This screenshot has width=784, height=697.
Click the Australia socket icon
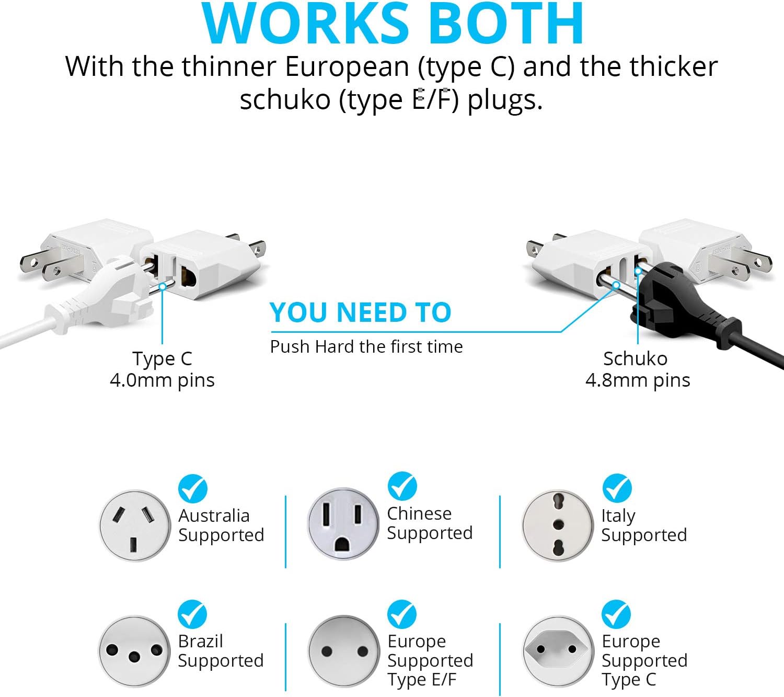click(x=135, y=525)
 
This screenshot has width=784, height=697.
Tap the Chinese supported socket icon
click(x=342, y=523)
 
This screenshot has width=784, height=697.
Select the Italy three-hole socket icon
click(x=558, y=525)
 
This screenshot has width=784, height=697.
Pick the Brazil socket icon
click(x=134, y=651)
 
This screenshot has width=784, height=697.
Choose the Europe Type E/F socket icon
click(x=343, y=651)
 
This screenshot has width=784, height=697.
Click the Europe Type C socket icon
click(x=558, y=650)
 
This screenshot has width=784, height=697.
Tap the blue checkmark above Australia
click(x=193, y=489)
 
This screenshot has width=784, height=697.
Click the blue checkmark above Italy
click(x=617, y=488)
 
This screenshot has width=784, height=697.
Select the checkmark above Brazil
click(x=192, y=614)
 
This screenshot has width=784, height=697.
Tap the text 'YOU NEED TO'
click(x=360, y=313)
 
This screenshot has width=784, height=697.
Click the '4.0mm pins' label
click(x=162, y=380)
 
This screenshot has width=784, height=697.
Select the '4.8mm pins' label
click(x=638, y=380)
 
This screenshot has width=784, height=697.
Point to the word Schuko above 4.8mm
click(x=635, y=358)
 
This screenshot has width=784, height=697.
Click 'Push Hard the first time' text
click(x=366, y=346)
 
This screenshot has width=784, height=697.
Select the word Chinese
click(x=419, y=513)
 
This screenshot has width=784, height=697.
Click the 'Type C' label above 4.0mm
click(x=162, y=358)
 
